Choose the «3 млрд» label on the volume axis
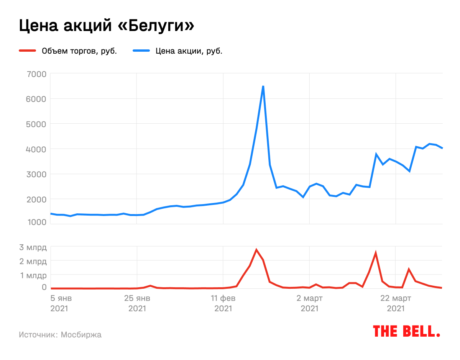pos(33,247)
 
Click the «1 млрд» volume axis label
pos(33,275)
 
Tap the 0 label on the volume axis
pos(44,287)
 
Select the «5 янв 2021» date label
pos(61,303)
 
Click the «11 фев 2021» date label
pos(223,303)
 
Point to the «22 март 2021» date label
pos(396,303)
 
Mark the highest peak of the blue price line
pos(263,87)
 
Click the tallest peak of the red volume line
pos(256,250)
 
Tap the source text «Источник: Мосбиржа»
pos(60,335)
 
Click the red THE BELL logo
pos(406,331)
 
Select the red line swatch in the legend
pos(27,51)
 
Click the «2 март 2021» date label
pos(309,303)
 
